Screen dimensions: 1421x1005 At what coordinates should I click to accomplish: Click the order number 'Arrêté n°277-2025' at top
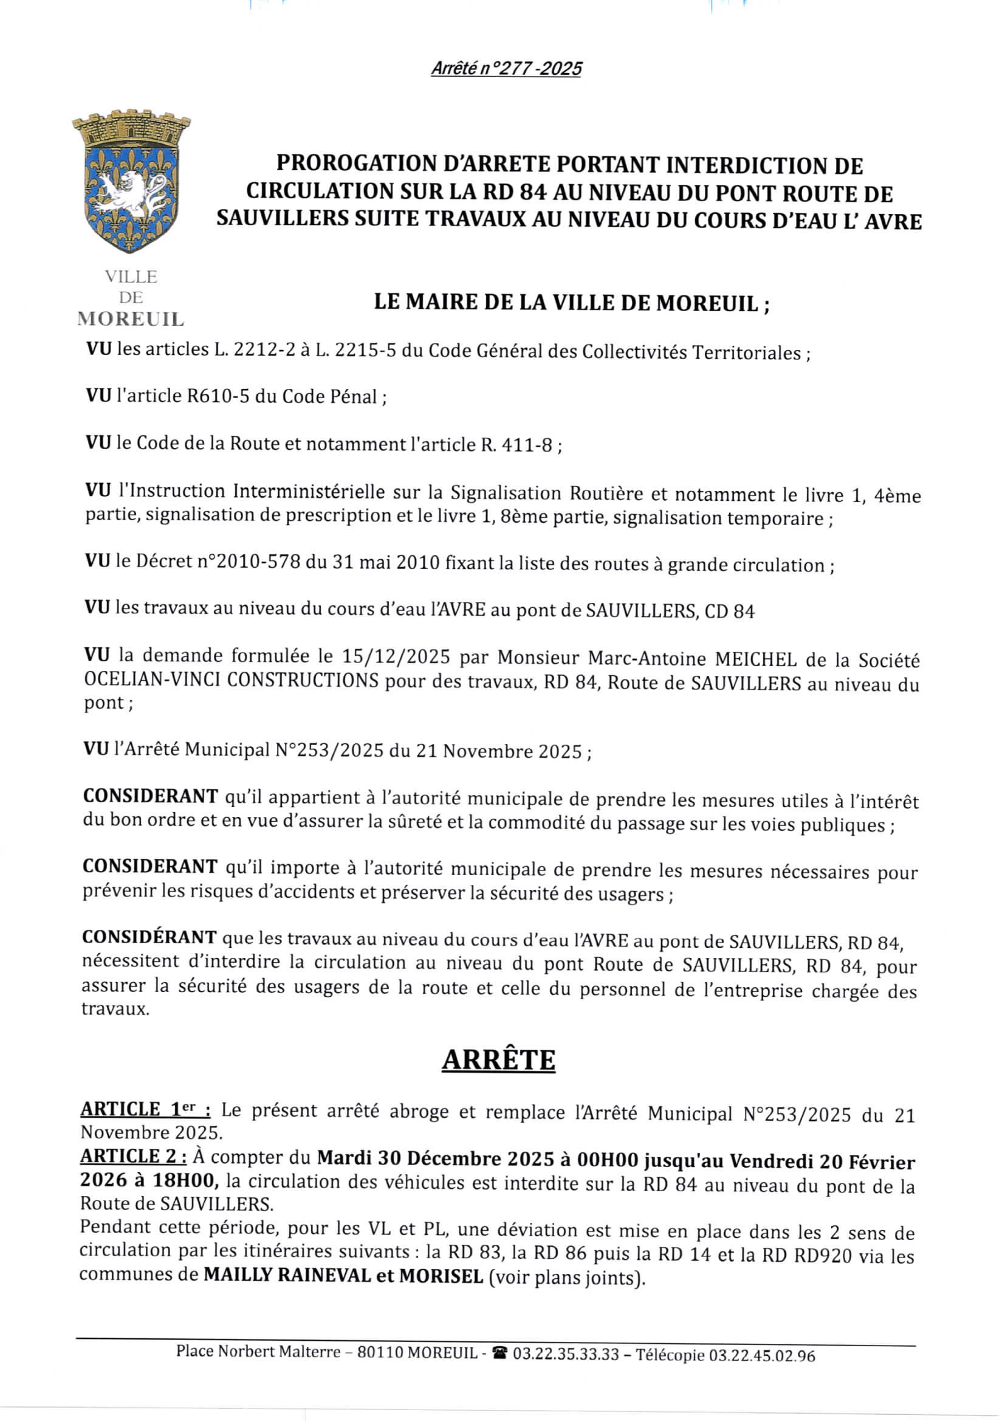(x=506, y=69)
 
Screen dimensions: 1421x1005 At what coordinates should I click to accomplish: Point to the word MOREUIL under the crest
(x=131, y=319)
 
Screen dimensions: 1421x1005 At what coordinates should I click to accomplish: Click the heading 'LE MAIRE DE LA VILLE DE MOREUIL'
(x=572, y=303)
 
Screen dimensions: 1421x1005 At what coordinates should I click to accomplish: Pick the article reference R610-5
(x=218, y=396)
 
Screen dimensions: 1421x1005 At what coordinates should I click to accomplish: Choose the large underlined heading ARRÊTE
(x=498, y=1059)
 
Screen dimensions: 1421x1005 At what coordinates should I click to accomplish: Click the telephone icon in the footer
(x=501, y=1354)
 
